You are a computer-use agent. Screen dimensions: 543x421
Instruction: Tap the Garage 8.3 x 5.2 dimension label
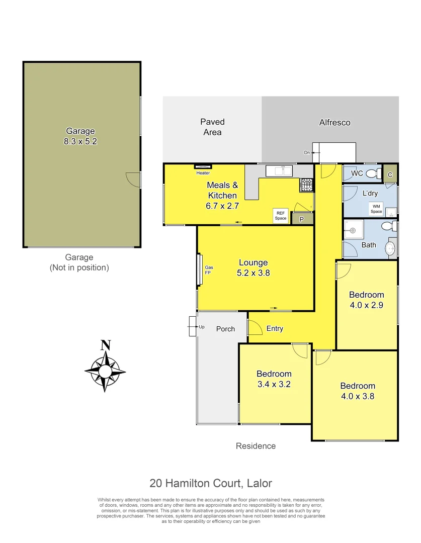pyautogui.click(x=80, y=137)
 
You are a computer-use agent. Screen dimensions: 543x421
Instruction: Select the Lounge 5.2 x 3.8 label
pyautogui.click(x=253, y=268)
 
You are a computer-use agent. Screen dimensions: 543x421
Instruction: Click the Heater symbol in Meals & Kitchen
pyautogui.click(x=203, y=167)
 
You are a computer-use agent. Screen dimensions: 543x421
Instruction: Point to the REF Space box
pyautogui.click(x=280, y=216)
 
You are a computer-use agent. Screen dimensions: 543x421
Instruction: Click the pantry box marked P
pyautogui.click(x=302, y=219)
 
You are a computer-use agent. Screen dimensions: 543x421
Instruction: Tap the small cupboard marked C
pyautogui.click(x=390, y=174)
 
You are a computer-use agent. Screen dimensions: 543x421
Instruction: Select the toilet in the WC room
pyautogui.click(x=373, y=173)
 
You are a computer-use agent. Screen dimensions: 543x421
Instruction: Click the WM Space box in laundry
pyautogui.click(x=376, y=209)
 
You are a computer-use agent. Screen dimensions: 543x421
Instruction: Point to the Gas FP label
pyautogui.click(x=207, y=270)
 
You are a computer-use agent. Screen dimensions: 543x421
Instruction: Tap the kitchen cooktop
pyautogui.click(x=306, y=186)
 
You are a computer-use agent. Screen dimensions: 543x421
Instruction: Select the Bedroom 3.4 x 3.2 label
pyautogui.click(x=274, y=379)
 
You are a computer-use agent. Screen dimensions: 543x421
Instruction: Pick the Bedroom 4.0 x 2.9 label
pyautogui.click(x=367, y=300)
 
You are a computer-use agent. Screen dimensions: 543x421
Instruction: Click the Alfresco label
pyautogui.click(x=334, y=122)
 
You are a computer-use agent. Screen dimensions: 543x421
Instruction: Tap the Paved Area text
pyautogui.click(x=212, y=127)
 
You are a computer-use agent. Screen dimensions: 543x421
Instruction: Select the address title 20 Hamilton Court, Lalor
pyautogui.click(x=211, y=483)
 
